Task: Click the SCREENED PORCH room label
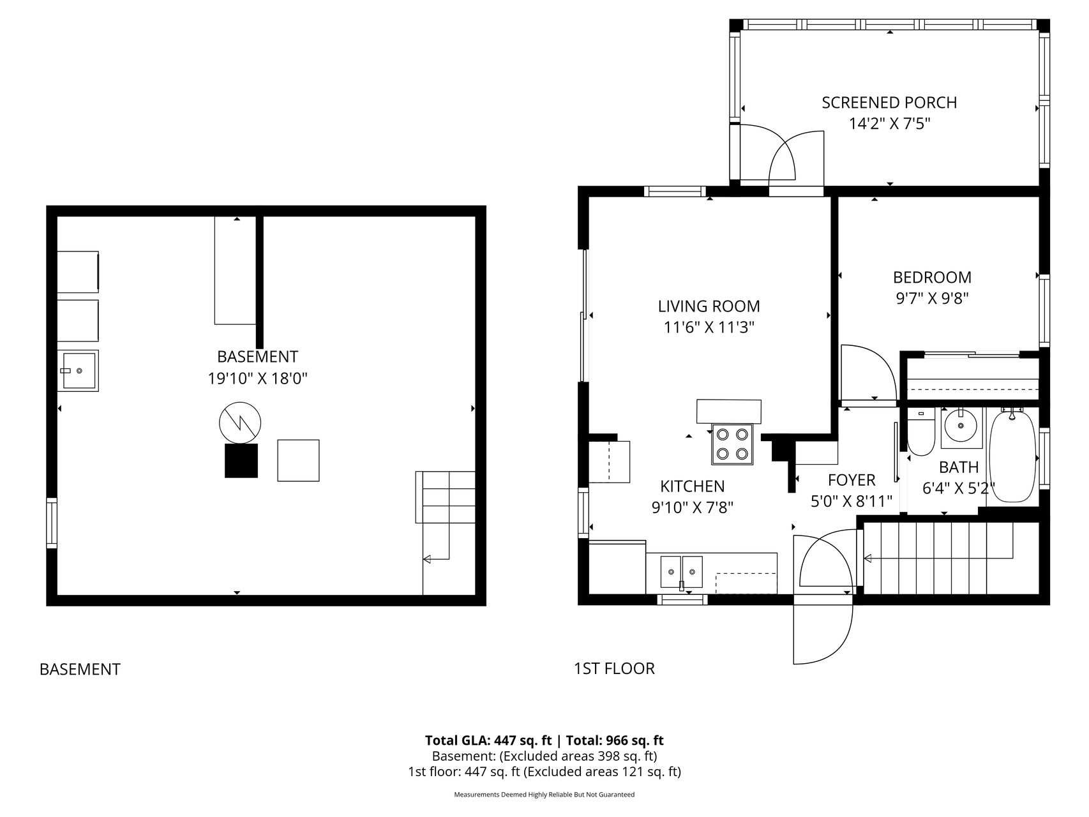pos(889,103)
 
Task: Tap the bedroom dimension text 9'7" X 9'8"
pos(932,299)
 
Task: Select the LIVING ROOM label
pos(709,306)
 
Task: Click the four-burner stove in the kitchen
pos(732,444)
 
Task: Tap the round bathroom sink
pos(960,425)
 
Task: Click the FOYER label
pos(852,480)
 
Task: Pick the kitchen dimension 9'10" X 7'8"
pos(692,508)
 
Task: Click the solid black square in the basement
pos(241,461)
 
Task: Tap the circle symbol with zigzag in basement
pos(240,423)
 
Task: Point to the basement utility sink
pos(78,371)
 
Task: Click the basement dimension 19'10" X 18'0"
pos(258,379)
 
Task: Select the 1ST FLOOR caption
pos(614,668)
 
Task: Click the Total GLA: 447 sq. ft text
pos(488,740)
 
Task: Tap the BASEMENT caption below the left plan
pos(80,669)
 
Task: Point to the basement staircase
pos(446,533)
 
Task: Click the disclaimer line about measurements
pos(544,795)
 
